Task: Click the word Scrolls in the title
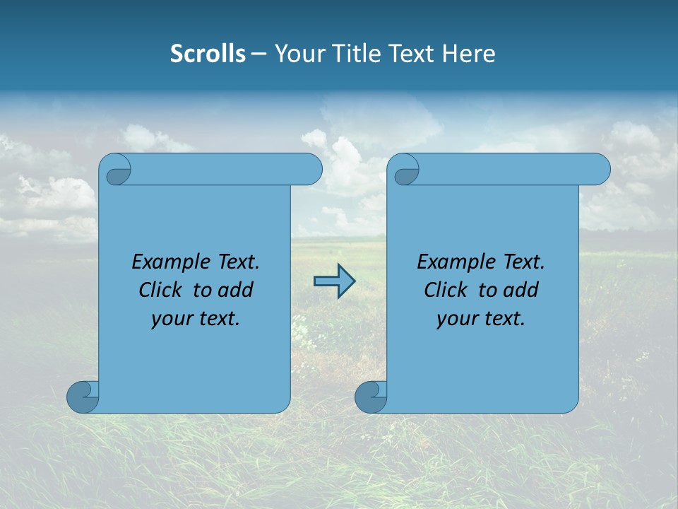208,54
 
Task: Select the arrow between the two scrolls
333,281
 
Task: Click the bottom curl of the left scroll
82,397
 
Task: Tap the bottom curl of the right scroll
370,397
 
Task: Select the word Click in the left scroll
160,290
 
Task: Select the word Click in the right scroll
445,290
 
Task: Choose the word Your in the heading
298,54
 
